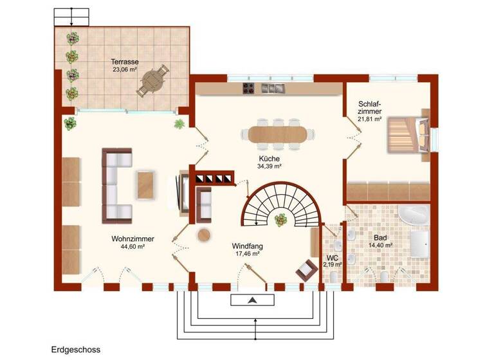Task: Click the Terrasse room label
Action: coord(125,62)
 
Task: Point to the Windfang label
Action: coord(247,246)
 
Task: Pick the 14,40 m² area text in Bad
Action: coord(381,246)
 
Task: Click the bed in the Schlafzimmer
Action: coord(407,134)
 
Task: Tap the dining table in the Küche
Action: coord(279,134)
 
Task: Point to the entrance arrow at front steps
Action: coord(253,300)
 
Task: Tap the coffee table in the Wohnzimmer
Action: coord(145,184)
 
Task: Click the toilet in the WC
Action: coord(333,276)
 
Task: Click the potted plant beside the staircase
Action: coord(281,221)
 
